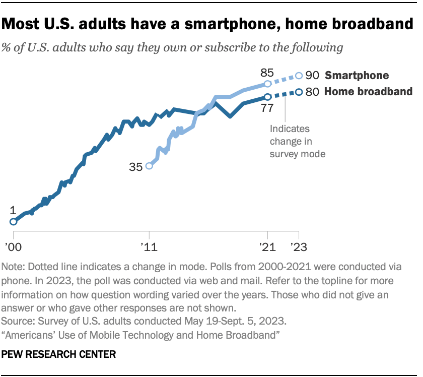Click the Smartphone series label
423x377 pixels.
(357, 76)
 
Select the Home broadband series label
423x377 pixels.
(368, 92)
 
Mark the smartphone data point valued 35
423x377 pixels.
(149, 165)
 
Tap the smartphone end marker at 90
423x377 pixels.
(299, 76)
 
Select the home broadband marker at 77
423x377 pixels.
(267, 96)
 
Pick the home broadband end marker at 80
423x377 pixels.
(299, 92)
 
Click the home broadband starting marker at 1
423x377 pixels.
(14, 221)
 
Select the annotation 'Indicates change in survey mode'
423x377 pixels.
(297, 141)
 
